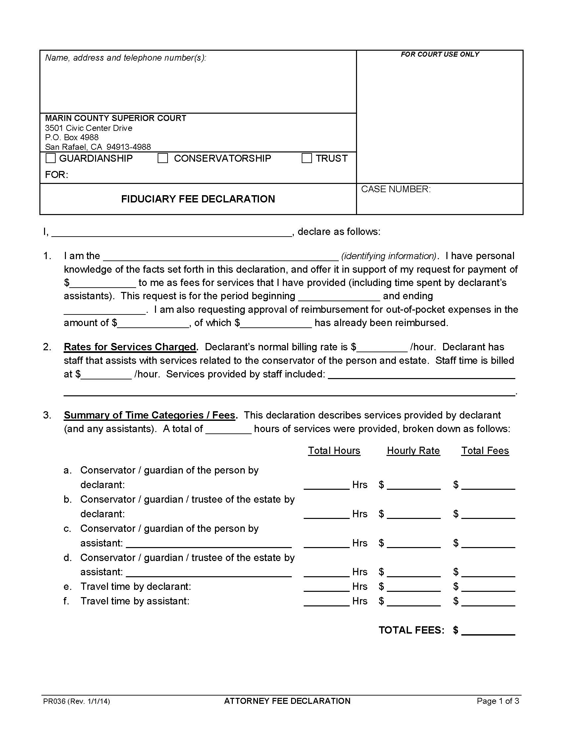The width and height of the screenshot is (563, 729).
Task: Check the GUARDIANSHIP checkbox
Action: click(x=51, y=158)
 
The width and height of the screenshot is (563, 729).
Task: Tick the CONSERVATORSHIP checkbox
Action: click(x=163, y=158)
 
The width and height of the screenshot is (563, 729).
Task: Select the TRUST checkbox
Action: click(x=307, y=158)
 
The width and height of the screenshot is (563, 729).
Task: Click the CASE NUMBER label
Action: click(x=395, y=189)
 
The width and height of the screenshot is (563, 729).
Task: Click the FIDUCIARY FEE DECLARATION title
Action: click(x=198, y=199)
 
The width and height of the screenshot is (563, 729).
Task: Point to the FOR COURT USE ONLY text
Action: click(x=439, y=54)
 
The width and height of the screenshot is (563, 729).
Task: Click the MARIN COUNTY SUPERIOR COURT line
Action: click(x=115, y=118)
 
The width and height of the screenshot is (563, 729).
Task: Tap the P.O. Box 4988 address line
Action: click(x=72, y=138)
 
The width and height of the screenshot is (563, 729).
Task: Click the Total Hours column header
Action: click(x=334, y=451)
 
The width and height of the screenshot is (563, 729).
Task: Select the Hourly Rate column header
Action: click(x=413, y=451)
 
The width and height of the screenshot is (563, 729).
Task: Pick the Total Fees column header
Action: click(x=485, y=451)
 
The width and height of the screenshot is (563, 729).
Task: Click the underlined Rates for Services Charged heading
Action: click(x=130, y=347)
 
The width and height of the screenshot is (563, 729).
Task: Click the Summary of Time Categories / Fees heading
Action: click(x=150, y=415)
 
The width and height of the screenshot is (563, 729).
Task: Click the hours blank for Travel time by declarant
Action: click(x=327, y=587)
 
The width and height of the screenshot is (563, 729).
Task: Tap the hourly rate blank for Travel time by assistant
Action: click(x=414, y=601)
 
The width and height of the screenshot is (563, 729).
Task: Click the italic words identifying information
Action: click(x=388, y=256)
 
